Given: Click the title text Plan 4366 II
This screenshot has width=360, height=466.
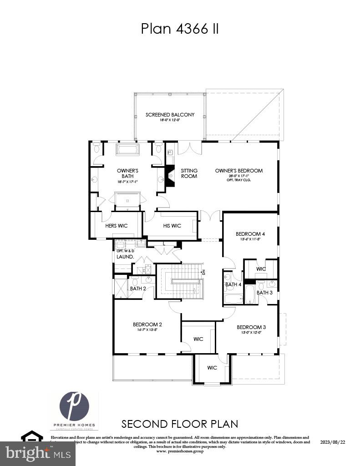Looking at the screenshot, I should (180, 28).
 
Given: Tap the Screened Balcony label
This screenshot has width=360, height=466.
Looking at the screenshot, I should (170, 115).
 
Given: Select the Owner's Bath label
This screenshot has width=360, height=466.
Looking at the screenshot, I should (127, 173).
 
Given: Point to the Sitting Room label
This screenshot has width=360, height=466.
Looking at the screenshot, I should (189, 173).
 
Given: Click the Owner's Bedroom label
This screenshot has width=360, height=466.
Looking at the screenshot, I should (239, 171).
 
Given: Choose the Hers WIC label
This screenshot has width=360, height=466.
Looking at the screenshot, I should (117, 226).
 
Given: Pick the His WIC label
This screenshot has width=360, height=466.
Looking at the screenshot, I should (172, 226).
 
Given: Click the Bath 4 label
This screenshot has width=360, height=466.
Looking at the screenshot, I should (233, 284).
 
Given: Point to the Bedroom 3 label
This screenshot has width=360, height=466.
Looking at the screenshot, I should (251, 327).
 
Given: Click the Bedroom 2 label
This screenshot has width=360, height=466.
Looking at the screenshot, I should (147, 324).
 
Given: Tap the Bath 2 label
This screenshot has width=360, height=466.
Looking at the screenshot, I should (137, 289).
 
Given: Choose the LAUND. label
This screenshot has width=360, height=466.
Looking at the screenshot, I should (125, 257).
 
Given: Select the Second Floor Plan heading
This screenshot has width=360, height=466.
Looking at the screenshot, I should (179, 424).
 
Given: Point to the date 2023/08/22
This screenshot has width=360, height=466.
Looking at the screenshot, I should (333, 442).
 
